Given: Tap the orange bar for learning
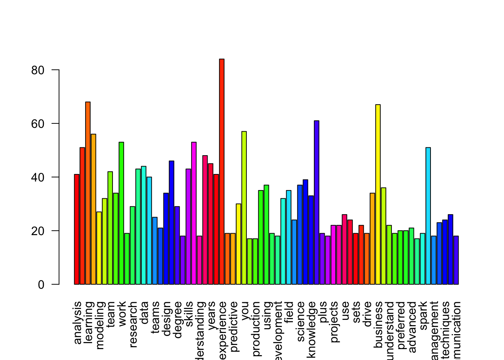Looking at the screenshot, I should (88, 193).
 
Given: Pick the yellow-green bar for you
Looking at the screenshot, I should (244, 208).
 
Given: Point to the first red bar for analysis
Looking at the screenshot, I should (76, 229).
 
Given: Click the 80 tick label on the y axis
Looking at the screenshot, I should (38, 70).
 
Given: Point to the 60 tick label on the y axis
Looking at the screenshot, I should (38, 124).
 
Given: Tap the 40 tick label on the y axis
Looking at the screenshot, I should (38, 177).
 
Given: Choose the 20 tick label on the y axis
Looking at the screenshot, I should (38, 231).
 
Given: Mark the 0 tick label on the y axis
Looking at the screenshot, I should (41, 285).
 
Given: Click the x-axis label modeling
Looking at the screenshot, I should (100, 325).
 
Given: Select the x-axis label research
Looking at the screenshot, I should (133, 324).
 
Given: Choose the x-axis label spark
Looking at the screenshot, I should (423, 316).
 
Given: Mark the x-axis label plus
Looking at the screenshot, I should (323, 311).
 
